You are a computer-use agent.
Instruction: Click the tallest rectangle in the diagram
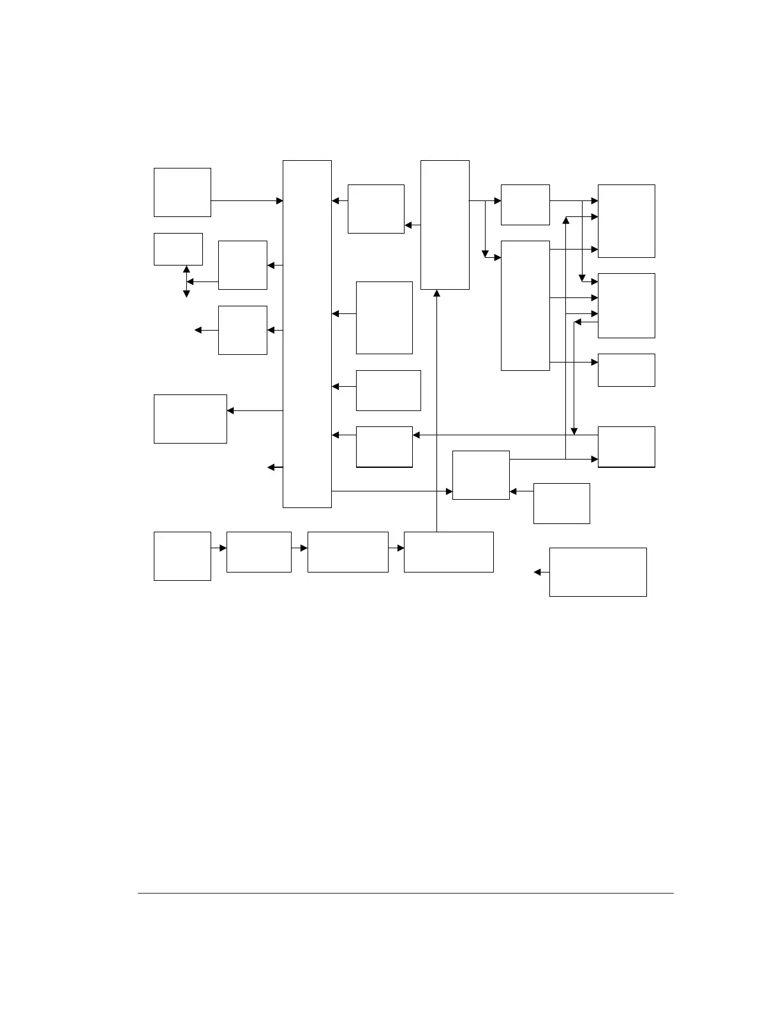click(x=307, y=334)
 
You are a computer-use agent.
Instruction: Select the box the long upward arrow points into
click(x=445, y=225)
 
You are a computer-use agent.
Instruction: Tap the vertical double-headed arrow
click(x=186, y=281)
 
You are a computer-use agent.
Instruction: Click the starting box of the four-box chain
click(x=182, y=556)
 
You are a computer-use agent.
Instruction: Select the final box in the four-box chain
click(x=449, y=552)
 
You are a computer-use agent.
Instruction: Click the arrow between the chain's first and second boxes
click(x=219, y=548)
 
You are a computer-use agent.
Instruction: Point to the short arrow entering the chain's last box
click(x=396, y=548)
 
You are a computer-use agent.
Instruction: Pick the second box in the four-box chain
click(x=258, y=552)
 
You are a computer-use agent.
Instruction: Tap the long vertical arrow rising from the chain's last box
click(x=437, y=408)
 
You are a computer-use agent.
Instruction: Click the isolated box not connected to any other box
click(x=598, y=572)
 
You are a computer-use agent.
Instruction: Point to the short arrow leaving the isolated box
click(x=542, y=573)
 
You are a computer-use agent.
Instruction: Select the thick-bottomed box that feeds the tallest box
click(x=384, y=447)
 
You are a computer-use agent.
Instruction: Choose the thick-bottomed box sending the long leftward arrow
click(x=626, y=447)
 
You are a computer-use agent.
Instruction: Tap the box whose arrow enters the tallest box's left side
click(x=182, y=192)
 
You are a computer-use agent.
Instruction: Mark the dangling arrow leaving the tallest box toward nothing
click(x=274, y=468)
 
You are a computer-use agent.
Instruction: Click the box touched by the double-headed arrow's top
click(x=178, y=249)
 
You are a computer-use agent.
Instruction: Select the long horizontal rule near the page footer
click(x=406, y=893)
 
